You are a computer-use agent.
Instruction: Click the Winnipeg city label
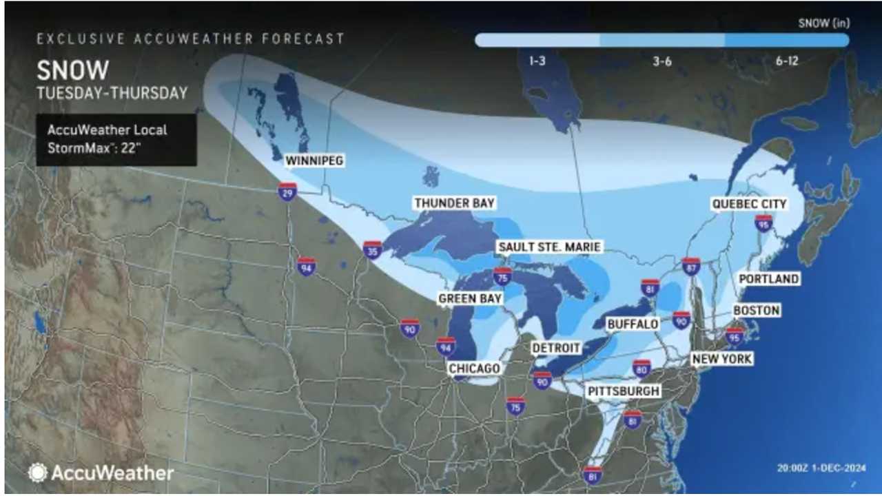pos(315,161)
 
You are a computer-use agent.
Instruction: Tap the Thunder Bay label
pos(455,203)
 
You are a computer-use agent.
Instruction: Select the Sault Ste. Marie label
pos(549,247)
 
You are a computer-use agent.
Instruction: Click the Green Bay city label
pos(470,298)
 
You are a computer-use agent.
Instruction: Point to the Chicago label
pos(473,369)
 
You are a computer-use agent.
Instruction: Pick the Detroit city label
pos(557,349)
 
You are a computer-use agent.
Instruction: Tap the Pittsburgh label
pos(624,391)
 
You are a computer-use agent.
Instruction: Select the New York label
pos(721,359)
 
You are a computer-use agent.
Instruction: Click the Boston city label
pos(756,311)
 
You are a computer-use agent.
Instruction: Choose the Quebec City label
pos(749,204)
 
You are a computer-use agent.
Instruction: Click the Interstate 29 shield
pos(288,191)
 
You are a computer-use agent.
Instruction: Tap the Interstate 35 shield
pos(373,249)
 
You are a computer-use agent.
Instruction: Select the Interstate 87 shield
pos(691,267)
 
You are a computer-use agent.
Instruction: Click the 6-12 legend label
pos(786,61)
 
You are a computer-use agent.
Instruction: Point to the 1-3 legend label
pos(538,61)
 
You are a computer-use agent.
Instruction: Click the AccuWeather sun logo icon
pos(37,473)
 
